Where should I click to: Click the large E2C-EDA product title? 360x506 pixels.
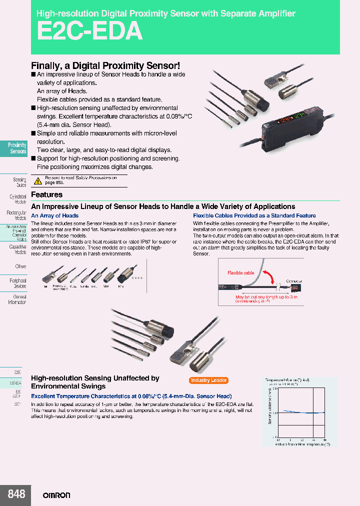pos(89,31)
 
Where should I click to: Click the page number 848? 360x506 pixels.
pos(16,494)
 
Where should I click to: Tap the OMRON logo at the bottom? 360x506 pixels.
pos(56,495)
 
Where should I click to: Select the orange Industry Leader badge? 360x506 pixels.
pos(208,380)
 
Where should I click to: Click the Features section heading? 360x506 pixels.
pos(47,194)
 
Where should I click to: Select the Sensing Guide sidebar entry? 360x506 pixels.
pos(19,182)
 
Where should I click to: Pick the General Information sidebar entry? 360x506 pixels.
pos(17,299)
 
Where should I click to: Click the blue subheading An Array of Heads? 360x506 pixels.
pos(55,216)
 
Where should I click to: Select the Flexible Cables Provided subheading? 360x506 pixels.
pos(254,216)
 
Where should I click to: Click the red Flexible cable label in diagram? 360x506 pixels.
pos(240,273)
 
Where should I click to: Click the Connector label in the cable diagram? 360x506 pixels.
pos(294,281)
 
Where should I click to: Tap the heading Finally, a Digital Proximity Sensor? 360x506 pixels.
pos(105,65)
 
